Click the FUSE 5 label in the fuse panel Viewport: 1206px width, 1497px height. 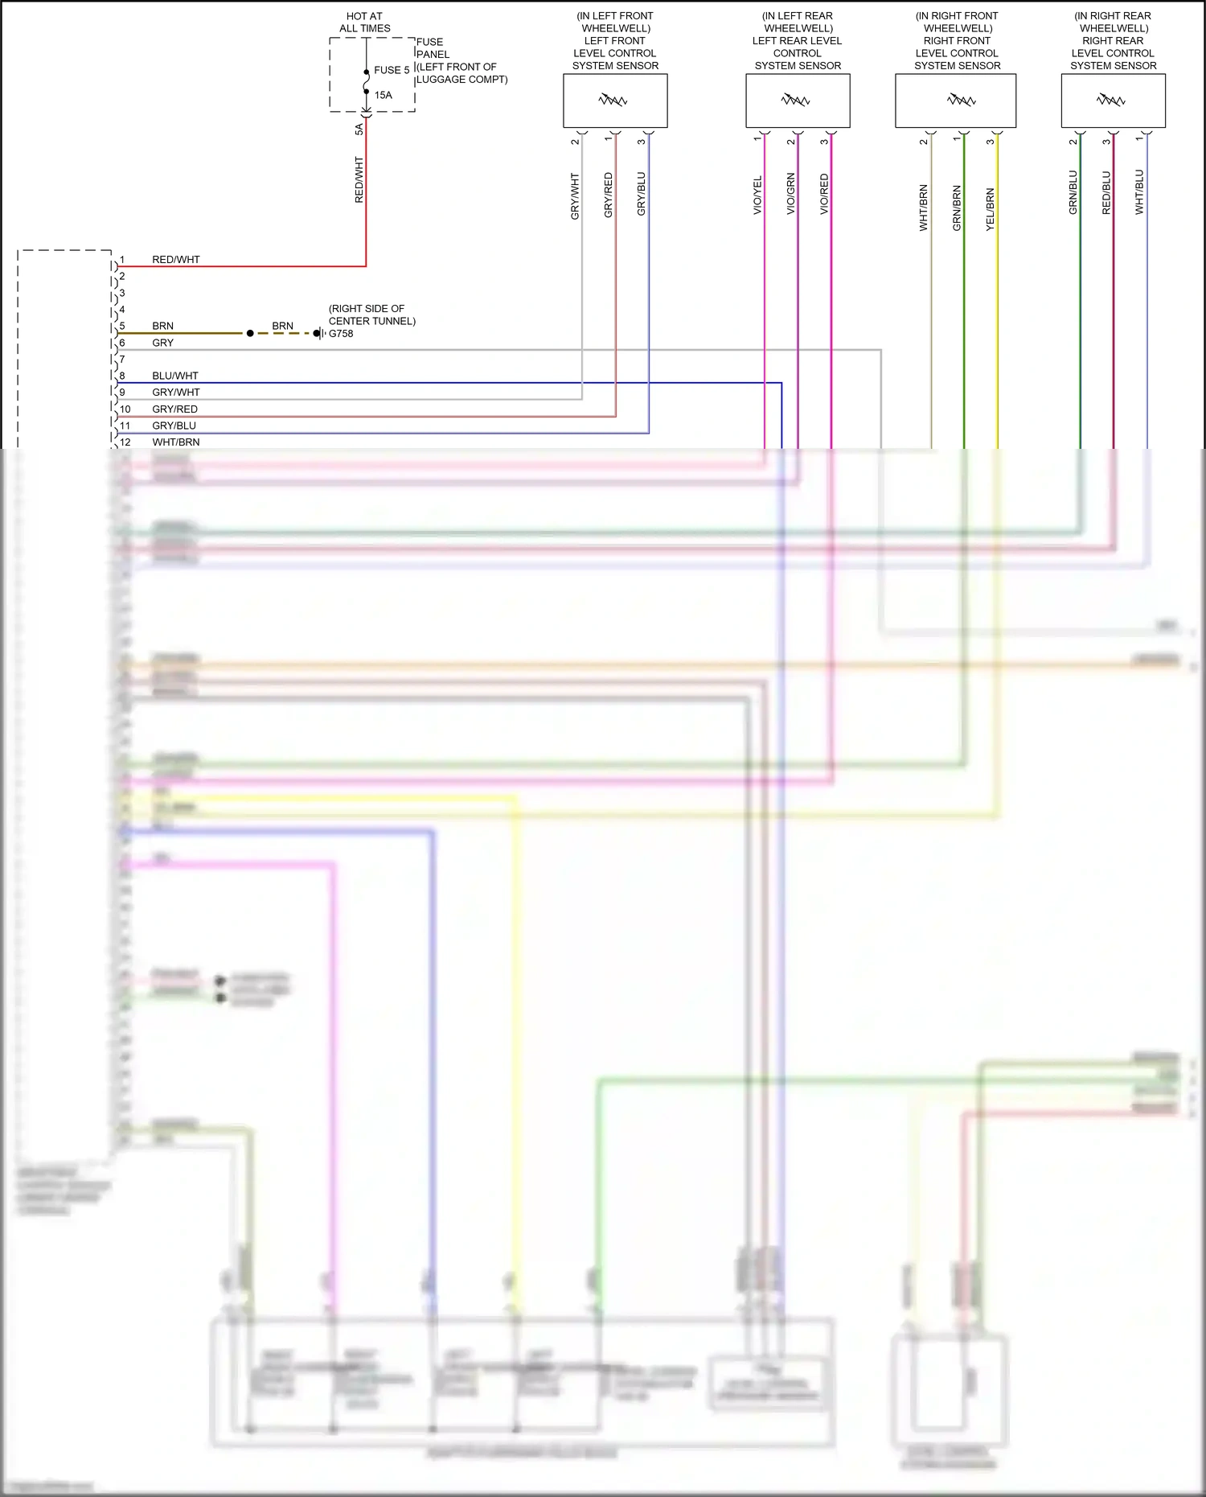(392, 70)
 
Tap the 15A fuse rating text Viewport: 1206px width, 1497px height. (384, 95)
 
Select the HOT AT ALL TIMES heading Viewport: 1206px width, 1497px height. (364, 22)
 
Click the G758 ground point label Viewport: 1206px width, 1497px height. (341, 333)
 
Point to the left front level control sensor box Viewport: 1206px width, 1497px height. (615, 101)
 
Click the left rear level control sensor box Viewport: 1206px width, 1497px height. (798, 101)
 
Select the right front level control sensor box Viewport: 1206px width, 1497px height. (956, 101)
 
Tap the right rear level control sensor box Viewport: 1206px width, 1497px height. (1113, 101)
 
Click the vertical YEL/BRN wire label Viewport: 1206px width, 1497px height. (990, 209)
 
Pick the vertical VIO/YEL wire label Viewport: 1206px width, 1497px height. (757, 195)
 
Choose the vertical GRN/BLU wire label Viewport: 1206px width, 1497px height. (1073, 192)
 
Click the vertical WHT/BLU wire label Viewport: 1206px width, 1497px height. (1139, 192)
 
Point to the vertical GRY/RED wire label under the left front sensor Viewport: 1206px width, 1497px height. (608, 195)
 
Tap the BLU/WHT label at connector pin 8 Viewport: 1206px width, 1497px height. (174, 376)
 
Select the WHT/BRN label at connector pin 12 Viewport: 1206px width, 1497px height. (175, 442)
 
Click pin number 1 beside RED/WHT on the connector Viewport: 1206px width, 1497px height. (122, 260)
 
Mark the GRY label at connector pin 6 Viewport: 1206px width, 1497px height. (162, 343)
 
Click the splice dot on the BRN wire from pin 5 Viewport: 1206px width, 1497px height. (250, 333)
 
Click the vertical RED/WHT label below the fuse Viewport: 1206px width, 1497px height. (359, 179)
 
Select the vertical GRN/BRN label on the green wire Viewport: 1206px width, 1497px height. (957, 208)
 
